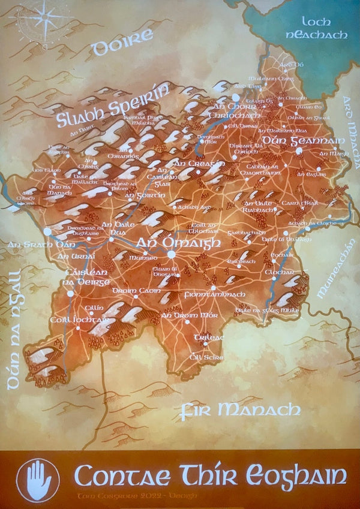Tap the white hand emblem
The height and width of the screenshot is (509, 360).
(38, 480)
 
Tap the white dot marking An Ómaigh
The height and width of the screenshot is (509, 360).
(172, 254)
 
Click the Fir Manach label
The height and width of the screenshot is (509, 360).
(240, 410)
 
